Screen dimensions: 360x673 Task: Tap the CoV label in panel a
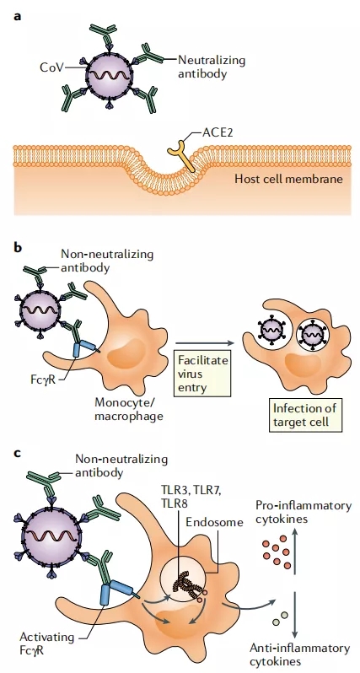click(x=51, y=67)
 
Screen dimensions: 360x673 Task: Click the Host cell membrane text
click(x=288, y=179)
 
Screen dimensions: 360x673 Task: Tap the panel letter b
click(x=18, y=248)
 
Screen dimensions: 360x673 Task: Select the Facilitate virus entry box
click(x=202, y=374)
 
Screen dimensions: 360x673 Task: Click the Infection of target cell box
click(x=304, y=415)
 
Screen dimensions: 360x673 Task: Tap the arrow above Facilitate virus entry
click(x=206, y=343)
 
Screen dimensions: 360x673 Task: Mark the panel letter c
click(x=18, y=453)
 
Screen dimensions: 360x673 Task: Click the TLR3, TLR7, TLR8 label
click(x=191, y=495)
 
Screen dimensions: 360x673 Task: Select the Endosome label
click(x=214, y=522)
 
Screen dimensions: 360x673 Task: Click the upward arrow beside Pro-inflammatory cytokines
click(x=295, y=551)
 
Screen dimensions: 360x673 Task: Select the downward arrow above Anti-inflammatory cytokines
click(x=295, y=615)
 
